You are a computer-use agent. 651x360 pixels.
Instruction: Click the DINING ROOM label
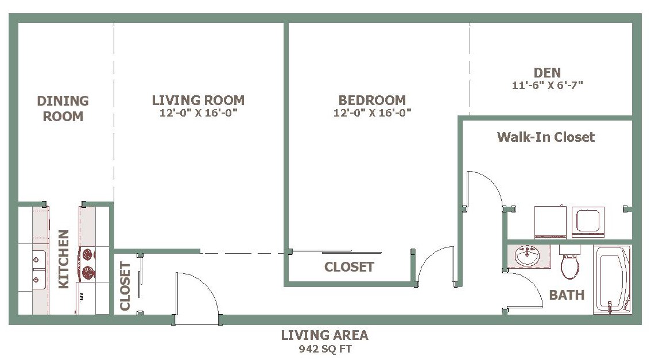tap(63, 109)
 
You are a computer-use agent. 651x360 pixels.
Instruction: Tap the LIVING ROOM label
tap(198, 100)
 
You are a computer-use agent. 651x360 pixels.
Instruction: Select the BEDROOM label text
tap(372, 100)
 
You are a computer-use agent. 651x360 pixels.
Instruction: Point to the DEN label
tap(547, 73)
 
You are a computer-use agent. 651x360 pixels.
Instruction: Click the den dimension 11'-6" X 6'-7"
tap(547, 85)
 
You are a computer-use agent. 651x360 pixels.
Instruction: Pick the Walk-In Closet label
tap(546, 137)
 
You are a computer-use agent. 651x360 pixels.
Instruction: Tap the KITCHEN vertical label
tap(63, 259)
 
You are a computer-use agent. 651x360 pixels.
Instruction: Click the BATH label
tap(567, 295)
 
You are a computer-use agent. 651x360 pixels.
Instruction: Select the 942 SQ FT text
tap(325, 349)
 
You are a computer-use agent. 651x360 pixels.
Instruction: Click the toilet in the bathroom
tap(569, 262)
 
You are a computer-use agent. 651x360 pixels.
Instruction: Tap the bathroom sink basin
tap(527, 256)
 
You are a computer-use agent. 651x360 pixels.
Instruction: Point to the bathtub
tap(612, 280)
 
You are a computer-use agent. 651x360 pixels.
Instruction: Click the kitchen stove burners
tap(88, 263)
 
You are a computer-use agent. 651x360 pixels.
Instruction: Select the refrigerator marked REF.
tap(86, 298)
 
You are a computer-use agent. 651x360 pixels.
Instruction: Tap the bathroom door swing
tap(524, 289)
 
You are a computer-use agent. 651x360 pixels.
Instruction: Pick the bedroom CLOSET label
tap(349, 267)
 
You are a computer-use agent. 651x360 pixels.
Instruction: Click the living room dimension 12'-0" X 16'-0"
tap(198, 113)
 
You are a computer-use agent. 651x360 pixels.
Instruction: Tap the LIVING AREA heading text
tap(325, 335)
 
